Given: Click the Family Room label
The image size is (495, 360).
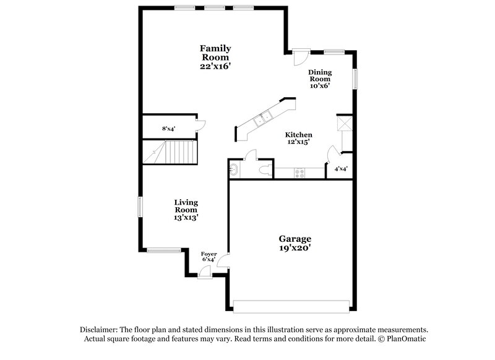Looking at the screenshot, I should coord(215,52).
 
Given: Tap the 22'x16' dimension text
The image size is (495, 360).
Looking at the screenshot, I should coord(215,66).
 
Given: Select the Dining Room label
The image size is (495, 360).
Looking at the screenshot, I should coord(320,75).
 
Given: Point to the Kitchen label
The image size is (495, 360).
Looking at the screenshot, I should coord(298,135).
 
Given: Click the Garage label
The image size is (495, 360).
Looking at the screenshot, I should coord(295,238).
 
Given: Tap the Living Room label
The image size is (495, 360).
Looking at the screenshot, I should coord(186,205).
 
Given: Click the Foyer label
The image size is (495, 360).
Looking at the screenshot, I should coord(209,254).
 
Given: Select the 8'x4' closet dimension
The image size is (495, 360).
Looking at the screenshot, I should coord(169,129).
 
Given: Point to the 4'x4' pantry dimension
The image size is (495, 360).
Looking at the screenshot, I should coord(341,168).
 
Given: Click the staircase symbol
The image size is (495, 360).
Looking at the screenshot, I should coord(170,152).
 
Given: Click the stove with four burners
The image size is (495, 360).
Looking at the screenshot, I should coord(299,173).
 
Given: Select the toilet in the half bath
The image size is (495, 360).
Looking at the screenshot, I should coord(264,169).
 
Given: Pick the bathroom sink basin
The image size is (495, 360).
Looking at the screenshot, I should coord(234,169).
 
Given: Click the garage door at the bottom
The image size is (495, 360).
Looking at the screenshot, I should coord(295,306).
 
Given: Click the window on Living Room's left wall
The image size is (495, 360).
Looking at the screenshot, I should coord(140,207).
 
